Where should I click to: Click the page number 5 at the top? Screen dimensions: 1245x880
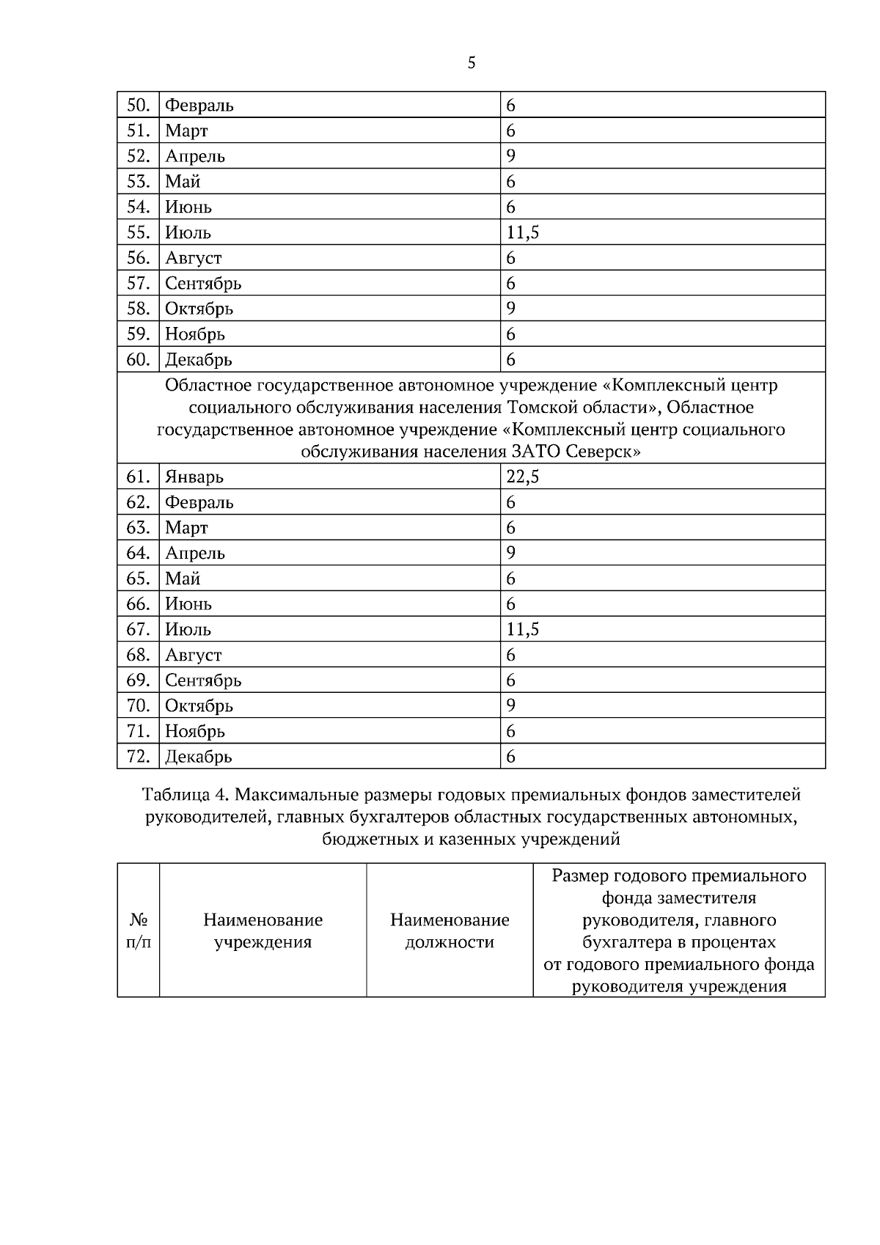click(472, 63)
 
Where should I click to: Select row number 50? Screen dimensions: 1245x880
click(138, 105)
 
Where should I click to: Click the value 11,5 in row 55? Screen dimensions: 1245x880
click(523, 232)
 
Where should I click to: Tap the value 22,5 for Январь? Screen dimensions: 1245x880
click(523, 477)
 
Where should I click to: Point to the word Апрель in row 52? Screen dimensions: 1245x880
click(195, 156)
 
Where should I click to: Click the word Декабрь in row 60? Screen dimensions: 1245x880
click(198, 359)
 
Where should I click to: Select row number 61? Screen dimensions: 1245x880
click(138, 477)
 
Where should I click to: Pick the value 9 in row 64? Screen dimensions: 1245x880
click(511, 553)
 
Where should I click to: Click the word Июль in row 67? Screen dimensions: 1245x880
click(188, 629)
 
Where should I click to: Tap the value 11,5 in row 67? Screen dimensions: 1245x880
click(523, 629)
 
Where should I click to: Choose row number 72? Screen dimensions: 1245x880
click(138, 756)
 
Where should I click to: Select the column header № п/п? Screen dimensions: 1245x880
click(139, 930)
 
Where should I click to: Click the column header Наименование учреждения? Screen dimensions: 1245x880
click(263, 930)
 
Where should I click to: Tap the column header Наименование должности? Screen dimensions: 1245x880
click(450, 930)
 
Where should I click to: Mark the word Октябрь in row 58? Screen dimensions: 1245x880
click(199, 309)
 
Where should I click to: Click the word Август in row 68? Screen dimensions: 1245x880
click(193, 655)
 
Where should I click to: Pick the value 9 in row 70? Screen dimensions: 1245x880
click(511, 705)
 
